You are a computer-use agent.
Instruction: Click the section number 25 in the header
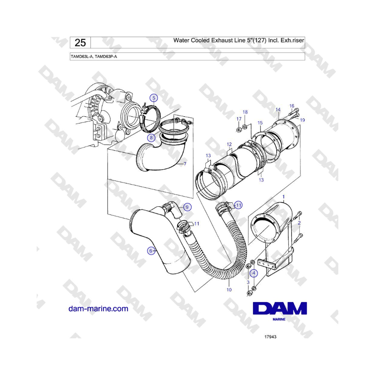80,43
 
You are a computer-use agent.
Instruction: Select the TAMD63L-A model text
82,57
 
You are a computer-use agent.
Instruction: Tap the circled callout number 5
154,98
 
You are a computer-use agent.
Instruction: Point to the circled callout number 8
151,138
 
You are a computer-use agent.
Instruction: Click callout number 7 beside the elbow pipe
185,164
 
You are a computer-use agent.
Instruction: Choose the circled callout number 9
187,207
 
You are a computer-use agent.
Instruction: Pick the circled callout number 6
151,251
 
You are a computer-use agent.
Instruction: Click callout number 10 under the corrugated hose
229,290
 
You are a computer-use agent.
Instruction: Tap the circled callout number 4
254,273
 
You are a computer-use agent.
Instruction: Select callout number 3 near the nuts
248,282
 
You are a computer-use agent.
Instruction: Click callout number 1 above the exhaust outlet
284,197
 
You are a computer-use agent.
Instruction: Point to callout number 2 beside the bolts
299,223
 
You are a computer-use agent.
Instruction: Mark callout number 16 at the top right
292,106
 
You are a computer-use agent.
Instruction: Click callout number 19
302,120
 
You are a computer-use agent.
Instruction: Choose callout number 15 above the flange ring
260,122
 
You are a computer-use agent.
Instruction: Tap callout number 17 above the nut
239,119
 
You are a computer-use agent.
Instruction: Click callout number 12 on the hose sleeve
229,144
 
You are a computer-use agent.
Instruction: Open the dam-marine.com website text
98,308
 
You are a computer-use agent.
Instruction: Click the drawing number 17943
270,337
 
